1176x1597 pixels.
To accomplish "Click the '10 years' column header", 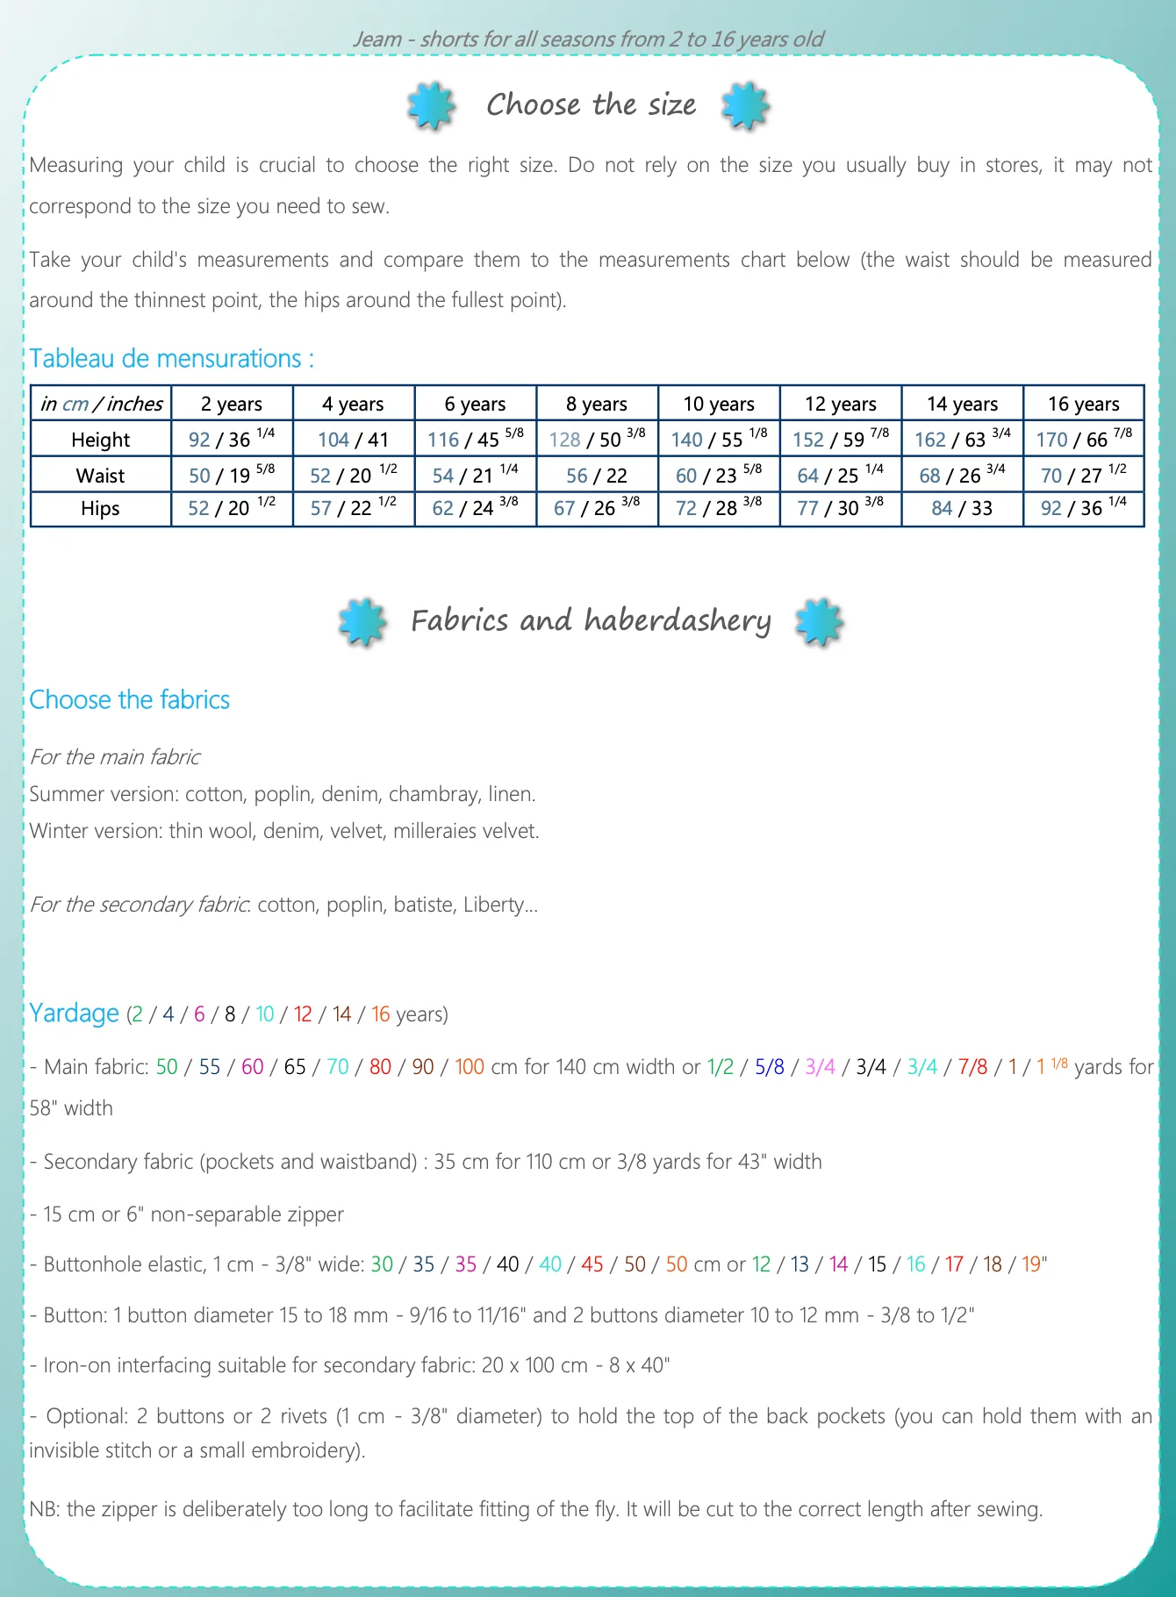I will pos(719,404).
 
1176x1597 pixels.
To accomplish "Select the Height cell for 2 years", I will pos(232,439).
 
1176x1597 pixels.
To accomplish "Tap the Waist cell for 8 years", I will pos(597,476).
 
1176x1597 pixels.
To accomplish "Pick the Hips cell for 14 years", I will pos(962,509).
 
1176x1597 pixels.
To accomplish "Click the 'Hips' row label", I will pos(100,509).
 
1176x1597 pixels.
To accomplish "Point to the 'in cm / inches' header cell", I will pos(101,404).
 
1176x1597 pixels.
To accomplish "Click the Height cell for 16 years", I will pos(1084,439).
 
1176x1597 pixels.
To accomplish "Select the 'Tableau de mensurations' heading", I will pos(171,359).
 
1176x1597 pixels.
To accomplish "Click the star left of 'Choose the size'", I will pos(431,106).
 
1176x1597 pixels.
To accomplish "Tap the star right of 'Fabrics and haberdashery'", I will pos(819,622).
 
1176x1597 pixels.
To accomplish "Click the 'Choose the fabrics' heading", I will pos(129,699).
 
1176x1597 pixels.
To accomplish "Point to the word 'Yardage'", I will pos(74,1013).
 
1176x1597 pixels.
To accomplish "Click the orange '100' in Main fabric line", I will pos(470,1067).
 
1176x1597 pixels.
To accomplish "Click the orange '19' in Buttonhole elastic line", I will pos(1031,1264).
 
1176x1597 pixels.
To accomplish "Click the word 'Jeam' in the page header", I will pos(377,39).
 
